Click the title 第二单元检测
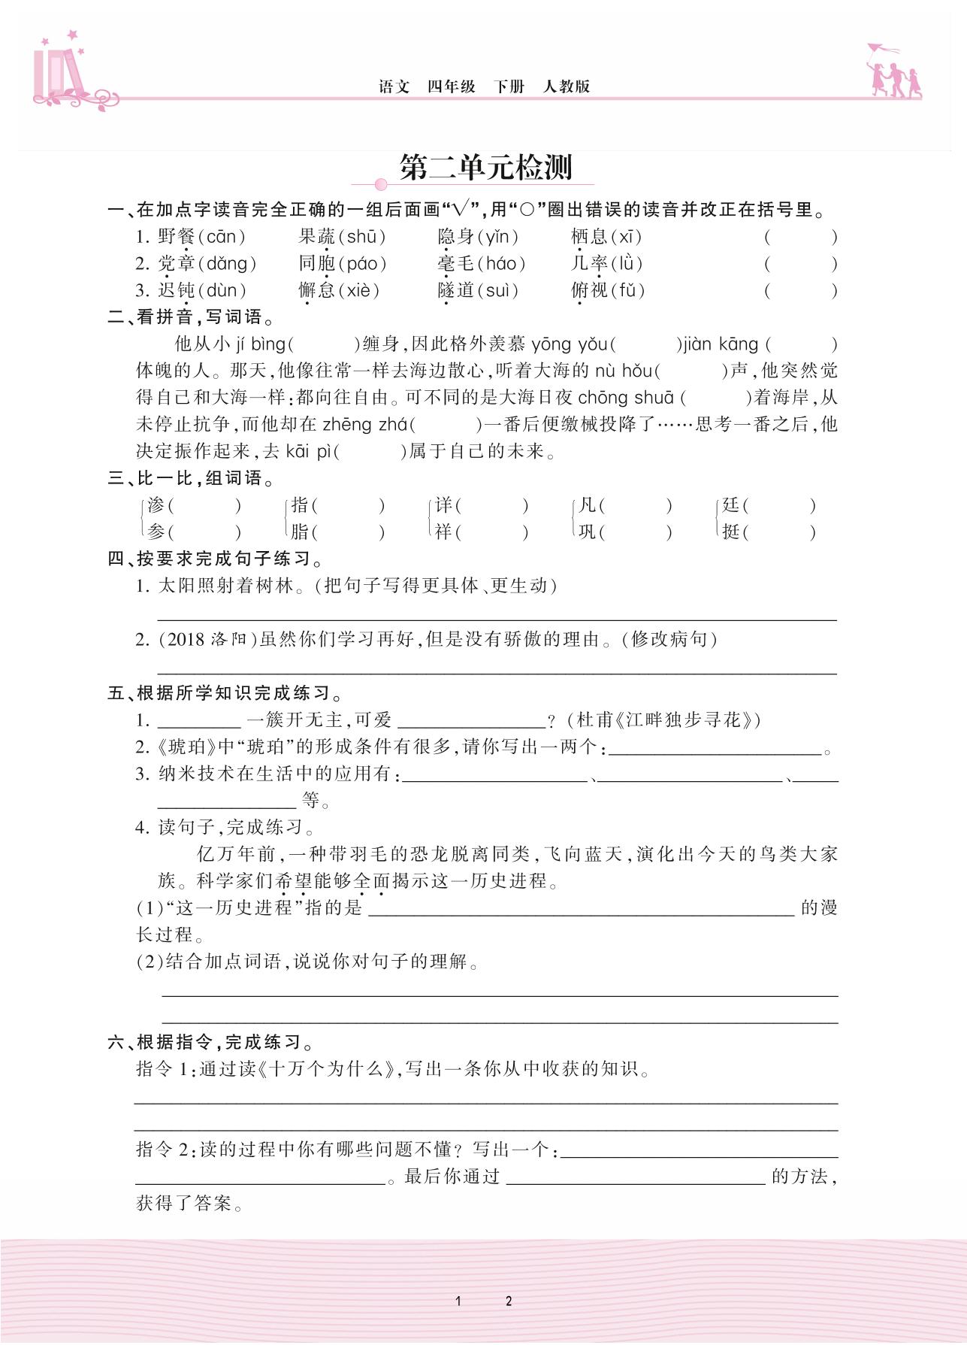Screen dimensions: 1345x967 click(x=486, y=168)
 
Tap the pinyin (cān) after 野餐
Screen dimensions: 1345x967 click(x=222, y=237)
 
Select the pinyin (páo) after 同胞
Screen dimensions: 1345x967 click(x=363, y=264)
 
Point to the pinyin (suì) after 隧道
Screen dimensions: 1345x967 click(x=497, y=290)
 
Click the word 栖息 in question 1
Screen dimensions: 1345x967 click(x=588, y=237)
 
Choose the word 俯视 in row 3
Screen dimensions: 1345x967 click(x=589, y=290)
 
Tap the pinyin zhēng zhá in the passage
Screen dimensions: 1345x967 click(x=365, y=424)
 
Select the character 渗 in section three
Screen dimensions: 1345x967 click(x=156, y=505)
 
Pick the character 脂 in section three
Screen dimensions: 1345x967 click(x=300, y=532)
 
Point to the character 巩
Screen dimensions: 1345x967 click(x=587, y=532)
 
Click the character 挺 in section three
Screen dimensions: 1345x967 click(x=731, y=532)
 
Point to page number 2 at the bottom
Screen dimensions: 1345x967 click(x=509, y=1301)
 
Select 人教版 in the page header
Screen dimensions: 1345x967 click(x=567, y=86)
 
